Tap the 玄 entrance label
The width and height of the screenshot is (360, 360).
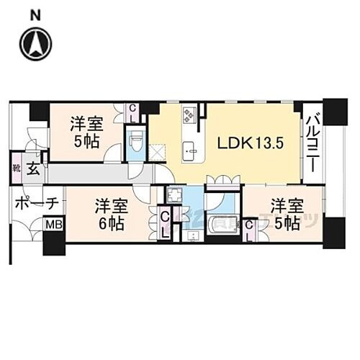coord(34,170)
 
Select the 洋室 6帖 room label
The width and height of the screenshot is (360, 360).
coord(109,214)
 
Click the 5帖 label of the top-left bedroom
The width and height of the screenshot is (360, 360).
coord(86,139)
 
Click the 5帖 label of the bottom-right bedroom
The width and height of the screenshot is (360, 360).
coord(285,223)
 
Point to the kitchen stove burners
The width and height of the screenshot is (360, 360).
coord(191,113)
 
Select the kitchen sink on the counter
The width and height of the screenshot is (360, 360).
coord(190,150)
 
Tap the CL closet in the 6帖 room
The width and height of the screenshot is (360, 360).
coord(166,222)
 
